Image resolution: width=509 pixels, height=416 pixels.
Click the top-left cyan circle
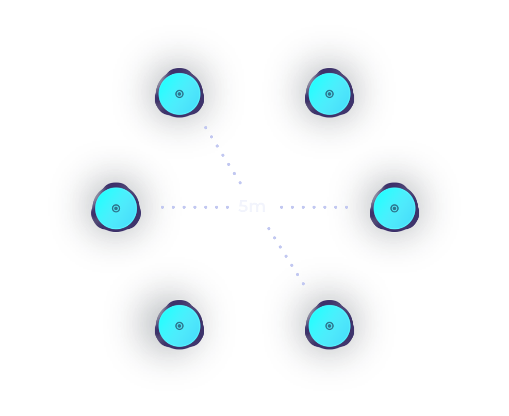[179, 94]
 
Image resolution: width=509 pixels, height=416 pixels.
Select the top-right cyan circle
[330, 94]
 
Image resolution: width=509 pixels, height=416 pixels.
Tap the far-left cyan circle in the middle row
[116, 208]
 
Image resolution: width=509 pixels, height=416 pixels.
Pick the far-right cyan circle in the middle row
[395, 208]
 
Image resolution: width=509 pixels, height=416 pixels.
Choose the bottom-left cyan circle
[179, 326]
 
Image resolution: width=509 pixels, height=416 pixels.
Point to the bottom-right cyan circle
[330, 326]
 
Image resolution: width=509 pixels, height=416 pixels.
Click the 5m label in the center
[252, 206]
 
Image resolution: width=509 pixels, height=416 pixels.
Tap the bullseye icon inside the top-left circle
[179, 94]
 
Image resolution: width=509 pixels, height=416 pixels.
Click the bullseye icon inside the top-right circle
[330, 94]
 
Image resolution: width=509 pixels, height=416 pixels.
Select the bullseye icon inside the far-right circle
[395, 208]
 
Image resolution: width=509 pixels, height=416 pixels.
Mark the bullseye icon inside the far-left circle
[116, 208]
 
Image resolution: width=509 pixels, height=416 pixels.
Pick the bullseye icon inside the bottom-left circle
[179, 326]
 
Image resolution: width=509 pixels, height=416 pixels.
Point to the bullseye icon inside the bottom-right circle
[330, 326]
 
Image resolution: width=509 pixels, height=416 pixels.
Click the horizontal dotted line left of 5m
[195, 207]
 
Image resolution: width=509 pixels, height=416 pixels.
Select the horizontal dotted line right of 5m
[314, 207]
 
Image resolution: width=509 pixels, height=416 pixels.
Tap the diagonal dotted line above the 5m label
[223, 155]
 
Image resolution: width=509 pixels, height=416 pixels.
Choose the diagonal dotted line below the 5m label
[286, 256]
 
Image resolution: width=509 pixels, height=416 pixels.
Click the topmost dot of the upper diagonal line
[205, 127]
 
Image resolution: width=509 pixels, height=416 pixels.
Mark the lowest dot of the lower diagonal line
[304, 284]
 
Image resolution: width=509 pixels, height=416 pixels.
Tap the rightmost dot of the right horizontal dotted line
[347, 207]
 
